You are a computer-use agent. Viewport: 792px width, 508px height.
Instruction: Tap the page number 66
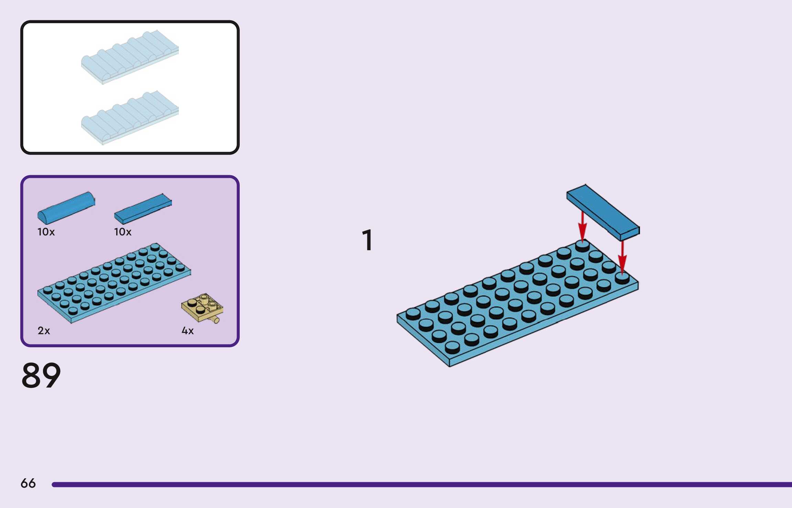coord(28,483)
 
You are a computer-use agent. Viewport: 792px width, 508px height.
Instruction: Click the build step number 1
coord(367,240)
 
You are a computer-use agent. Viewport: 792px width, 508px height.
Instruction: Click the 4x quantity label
coord(187,331)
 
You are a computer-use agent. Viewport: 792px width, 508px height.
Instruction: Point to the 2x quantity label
coord(44,331)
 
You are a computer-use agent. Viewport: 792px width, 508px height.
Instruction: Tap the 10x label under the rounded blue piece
coord(46,232)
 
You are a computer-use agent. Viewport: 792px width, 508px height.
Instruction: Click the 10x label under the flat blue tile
coord(123,232)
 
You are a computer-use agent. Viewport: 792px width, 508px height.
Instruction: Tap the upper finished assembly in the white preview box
coord(130,57)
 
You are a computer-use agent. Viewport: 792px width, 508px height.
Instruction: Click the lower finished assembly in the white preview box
coord(130,118)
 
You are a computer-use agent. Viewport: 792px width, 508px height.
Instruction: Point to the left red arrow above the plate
coord(582,225)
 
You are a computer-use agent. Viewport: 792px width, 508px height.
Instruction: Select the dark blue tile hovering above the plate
coord(603,212)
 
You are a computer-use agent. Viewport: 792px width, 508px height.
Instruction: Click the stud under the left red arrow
coord(582,245)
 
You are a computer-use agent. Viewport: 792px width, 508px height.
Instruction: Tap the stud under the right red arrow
coord(622,277)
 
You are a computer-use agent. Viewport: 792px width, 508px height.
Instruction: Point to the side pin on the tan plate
coord(216,320)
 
